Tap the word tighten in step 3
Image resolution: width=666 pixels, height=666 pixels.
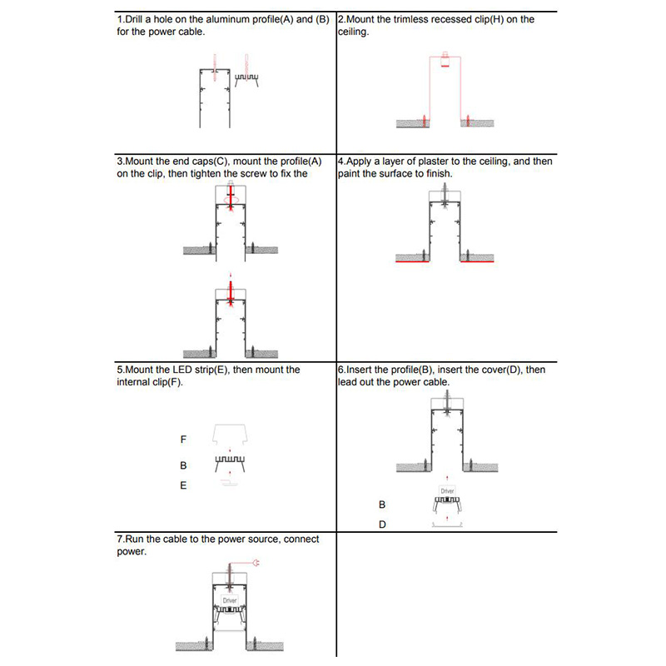[188, 173]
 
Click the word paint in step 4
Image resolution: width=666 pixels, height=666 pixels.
[350, 173]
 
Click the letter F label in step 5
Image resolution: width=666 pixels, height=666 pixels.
[183, 439]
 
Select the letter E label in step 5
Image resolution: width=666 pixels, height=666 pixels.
[183, 485]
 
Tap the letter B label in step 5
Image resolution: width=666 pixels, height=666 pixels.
[183, 465]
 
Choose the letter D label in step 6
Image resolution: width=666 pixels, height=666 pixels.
[382, 525]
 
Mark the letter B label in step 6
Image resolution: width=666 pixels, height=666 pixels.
[382, 504]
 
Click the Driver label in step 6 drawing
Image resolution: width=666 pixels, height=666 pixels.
[448, 491]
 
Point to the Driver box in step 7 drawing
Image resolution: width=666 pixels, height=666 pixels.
[230, 599]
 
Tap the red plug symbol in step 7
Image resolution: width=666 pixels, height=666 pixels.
[256, 564]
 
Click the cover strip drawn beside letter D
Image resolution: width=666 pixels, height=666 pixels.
[448, 526]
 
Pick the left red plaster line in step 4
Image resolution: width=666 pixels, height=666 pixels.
[412, 261]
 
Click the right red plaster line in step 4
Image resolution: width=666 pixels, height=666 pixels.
[478, 261]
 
